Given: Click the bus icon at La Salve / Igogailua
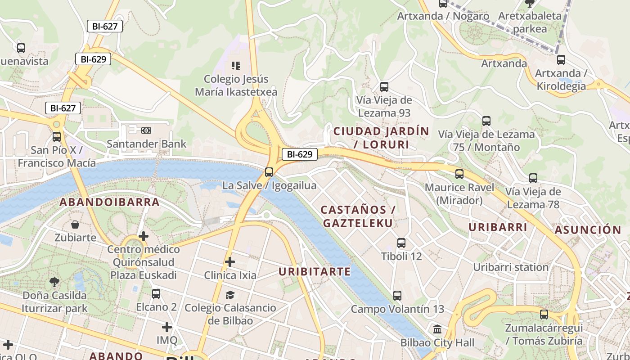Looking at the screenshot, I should coord(269,172).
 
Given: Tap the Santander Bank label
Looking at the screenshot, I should coord(146,144).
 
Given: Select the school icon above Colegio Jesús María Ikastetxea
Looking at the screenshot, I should coord(235,66).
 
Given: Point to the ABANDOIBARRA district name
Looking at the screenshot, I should coord(110,202).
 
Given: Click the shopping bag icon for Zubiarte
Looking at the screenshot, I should coord(75,224).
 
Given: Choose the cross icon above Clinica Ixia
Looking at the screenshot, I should coord(230,261).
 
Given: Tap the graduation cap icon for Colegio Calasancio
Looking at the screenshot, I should coord(230,295).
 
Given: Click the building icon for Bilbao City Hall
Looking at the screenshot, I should coord(437,329).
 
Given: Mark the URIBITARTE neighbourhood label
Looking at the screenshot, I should coord(314,271).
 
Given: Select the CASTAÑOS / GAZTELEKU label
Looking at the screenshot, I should coord(358,216).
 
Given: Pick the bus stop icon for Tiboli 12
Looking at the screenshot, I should coord(401,243).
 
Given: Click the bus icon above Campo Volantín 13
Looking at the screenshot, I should coord(397,296).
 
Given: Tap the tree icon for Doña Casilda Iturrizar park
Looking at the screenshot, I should coord(54,283).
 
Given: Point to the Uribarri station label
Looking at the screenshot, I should coord(511,267).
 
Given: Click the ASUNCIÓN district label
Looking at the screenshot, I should coord(588,230).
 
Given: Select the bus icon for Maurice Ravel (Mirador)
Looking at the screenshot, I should coord(459,174).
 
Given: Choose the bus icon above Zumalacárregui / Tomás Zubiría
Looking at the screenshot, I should coord(544,315).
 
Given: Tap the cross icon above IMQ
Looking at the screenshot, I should coord(167,327).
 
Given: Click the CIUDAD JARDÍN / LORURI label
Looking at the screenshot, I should coord(381,138).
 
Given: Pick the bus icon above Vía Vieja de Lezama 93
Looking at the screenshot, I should coord(384,87).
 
